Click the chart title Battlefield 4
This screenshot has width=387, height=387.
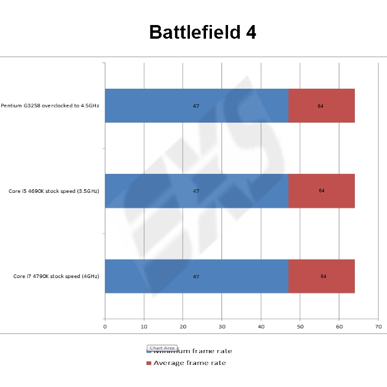click(x=202, y=32)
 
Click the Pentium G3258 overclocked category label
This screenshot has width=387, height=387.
click(x=50, y=106)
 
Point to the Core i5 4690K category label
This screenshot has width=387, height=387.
click(x=54, y=191)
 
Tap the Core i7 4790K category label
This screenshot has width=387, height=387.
click(x=56, y=276)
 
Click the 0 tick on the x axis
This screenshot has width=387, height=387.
click(x=105, y=326)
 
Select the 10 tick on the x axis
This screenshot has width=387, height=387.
click(x=144, y=326)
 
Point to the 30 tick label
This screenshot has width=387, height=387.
click(x=222, y=326)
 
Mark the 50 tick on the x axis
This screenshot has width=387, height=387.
click(x=300, y=326)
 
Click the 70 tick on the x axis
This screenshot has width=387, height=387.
click(x=378, y=326)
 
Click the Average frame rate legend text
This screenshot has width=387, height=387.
click(x=189, y=363)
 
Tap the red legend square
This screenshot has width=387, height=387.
click(x=148, y=363)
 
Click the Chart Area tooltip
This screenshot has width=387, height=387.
click(x=162, y=348)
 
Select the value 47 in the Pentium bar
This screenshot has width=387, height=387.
click(x=196, y=106)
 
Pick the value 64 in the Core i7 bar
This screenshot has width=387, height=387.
click(x=323, y=276)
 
